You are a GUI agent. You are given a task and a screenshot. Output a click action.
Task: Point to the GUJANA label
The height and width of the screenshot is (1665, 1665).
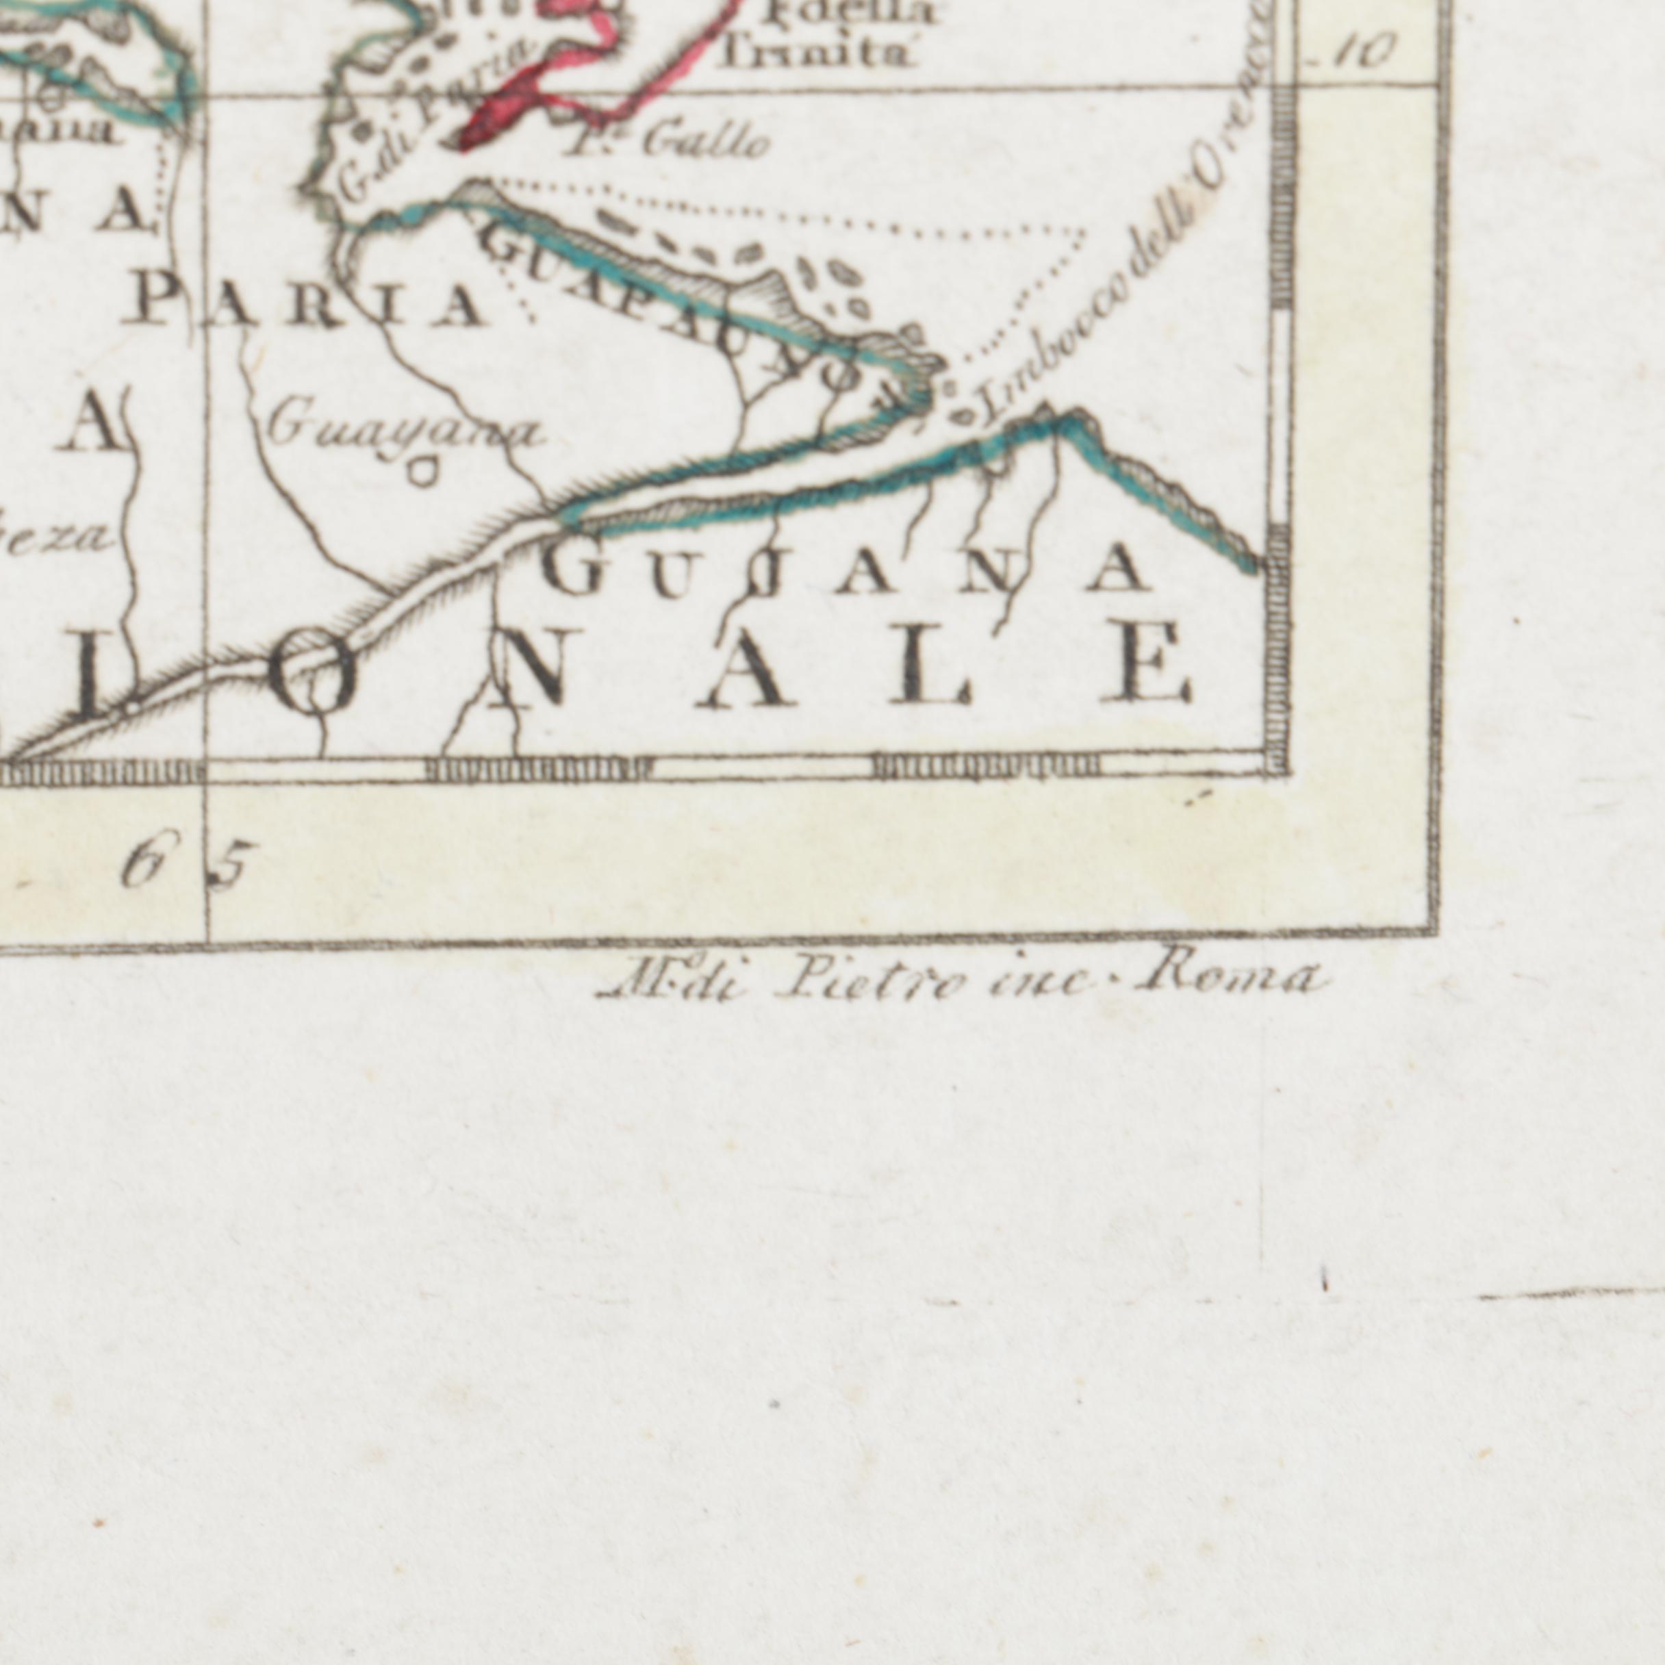pos(849,572)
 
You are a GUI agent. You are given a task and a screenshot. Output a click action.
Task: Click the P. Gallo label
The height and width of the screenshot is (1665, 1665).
pos(666,142)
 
